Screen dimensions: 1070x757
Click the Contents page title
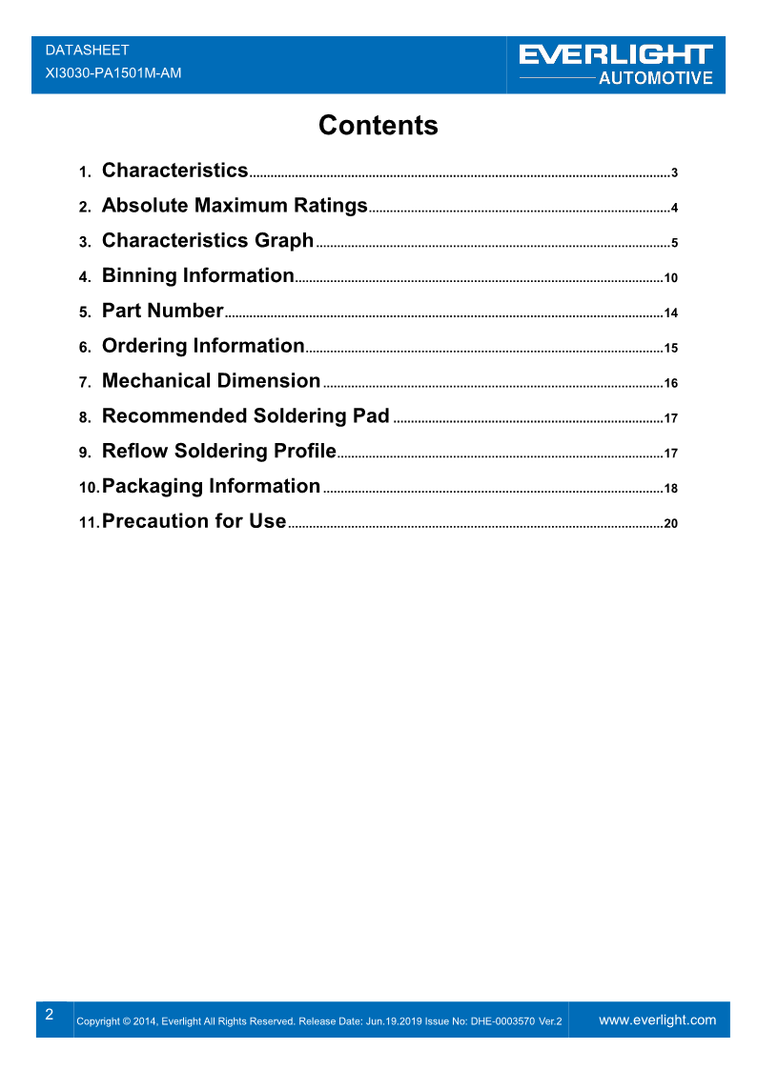point(378,126)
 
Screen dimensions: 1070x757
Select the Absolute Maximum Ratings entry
point(235,206)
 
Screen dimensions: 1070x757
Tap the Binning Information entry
point(197,276)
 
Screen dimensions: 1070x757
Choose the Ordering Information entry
point(202,346)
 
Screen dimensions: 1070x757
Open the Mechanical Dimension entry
point(211,381)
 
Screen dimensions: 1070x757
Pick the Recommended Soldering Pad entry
point(245,416)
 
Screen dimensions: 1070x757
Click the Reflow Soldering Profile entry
point(218,452)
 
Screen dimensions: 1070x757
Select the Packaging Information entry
point(211,487)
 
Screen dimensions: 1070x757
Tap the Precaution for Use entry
point(194,521)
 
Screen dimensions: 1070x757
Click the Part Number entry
point(162,311)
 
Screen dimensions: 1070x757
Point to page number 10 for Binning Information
point(670,278)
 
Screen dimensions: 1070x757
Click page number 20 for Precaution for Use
point(670,523)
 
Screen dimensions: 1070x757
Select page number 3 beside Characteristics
point(674,173)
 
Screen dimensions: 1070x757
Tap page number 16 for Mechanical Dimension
point(670,383)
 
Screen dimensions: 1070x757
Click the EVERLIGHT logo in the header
point(616,56)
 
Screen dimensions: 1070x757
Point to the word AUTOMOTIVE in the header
point(655,78)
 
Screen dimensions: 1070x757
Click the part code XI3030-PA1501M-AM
point(113,72)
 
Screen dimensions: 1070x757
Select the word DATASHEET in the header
point(87,50)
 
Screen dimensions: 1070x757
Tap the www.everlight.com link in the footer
point(657,1020)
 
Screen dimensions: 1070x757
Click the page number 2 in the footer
point(50,1014)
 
